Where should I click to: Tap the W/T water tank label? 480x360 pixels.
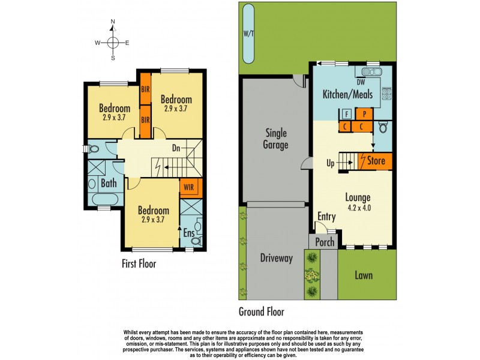click(248, 34)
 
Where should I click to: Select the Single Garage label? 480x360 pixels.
click(276, 139)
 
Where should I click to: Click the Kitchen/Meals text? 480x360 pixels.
click(347, 94)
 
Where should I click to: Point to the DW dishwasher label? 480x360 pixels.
click(361, 82)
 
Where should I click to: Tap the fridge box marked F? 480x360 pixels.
click(346, 113)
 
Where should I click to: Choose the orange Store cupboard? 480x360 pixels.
click(375, 161)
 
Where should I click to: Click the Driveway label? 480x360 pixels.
click(276, 259)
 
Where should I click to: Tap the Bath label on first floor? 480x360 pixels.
click(109, 184)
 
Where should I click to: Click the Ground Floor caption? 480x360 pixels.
click(261, 311)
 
